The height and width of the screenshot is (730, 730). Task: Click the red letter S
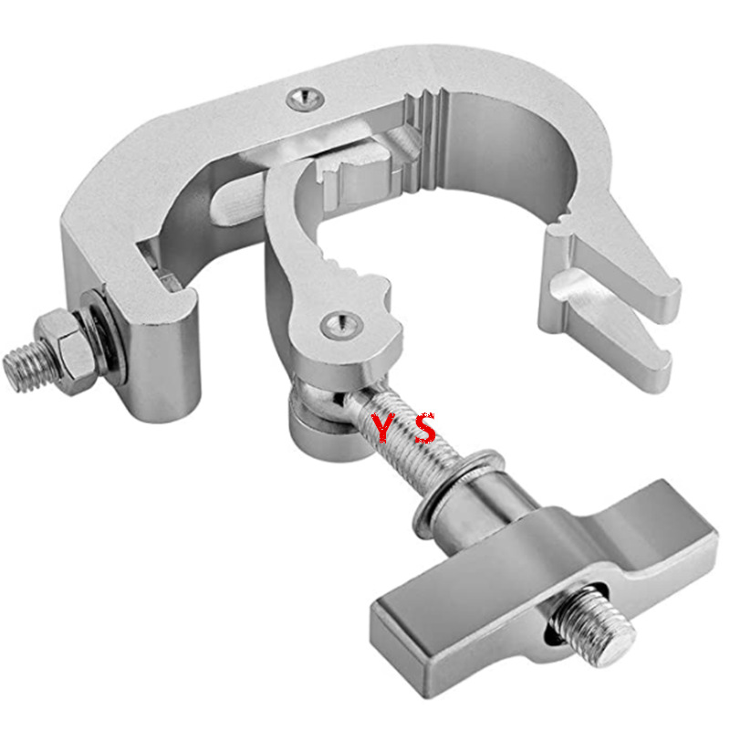(x=426, y=427)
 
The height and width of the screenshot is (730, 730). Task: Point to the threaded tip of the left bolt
(x=21, y=369)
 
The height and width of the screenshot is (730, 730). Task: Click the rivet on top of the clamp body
(x=303, y=97)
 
